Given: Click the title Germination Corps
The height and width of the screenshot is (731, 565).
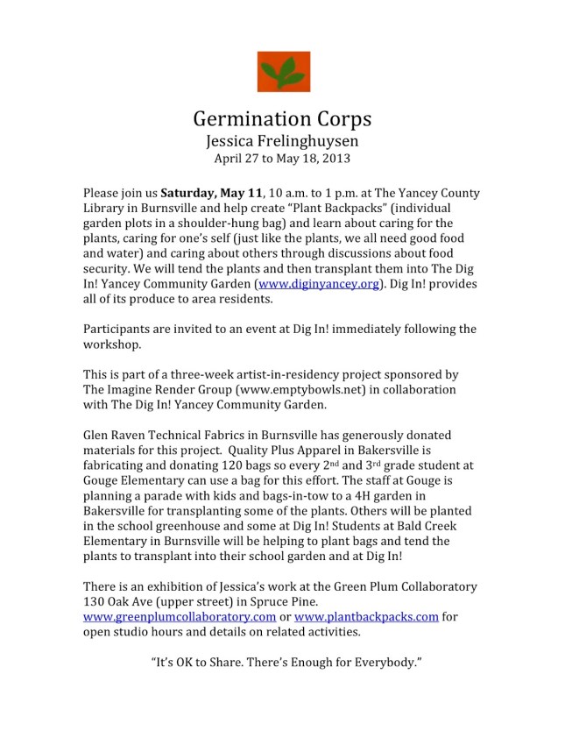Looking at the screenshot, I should point(282,118).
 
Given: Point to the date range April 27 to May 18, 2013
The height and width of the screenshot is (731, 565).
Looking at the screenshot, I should point(282,159).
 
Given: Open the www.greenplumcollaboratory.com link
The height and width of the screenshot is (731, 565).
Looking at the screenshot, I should point(173,616).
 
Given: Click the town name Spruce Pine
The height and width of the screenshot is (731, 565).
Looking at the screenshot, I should point(298,601).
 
